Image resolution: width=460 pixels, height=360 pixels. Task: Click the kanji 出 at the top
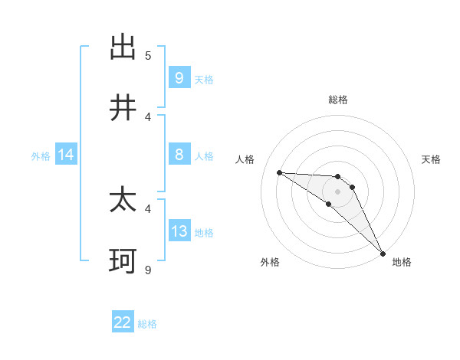point(123,47)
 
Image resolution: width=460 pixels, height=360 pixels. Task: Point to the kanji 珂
point(123,261)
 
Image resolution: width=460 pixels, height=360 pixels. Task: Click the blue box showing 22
point(123,322)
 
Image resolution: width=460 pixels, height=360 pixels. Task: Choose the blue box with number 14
point(66,155)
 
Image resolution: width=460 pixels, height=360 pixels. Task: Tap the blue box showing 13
point(179,231)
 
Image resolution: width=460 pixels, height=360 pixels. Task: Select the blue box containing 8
point(179,155)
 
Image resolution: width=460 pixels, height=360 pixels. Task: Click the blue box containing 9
point(179,78)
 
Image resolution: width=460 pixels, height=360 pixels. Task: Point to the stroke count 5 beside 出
point(148,55)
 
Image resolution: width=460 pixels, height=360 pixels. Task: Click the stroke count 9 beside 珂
point(148,269)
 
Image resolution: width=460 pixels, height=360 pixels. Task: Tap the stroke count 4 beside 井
point(148,116)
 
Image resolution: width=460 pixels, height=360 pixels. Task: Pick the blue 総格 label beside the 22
point(147,324)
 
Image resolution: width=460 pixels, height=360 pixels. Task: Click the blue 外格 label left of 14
point(41,156)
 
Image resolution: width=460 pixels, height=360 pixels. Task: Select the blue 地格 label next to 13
point(204,233)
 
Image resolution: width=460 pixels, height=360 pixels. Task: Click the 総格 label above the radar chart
point(338,100)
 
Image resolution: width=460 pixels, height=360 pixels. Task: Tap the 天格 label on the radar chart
point(432,159)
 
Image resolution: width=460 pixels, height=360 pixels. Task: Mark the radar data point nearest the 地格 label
point(383,253)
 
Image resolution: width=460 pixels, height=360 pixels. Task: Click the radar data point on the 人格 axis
point(279,172)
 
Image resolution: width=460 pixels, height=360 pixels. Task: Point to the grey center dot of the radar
point(337,191)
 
